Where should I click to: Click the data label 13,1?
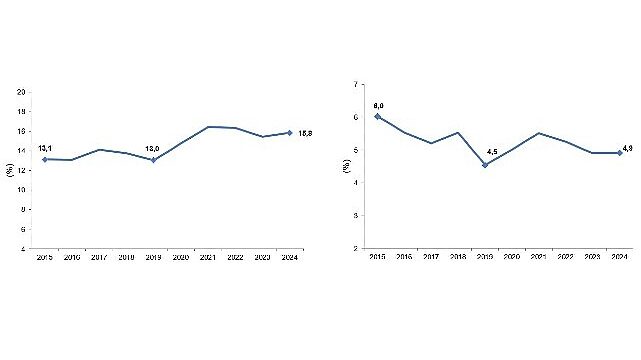(45, 148)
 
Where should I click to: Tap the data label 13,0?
(154, 148)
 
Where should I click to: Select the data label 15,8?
(307, 133)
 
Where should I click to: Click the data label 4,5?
(491, 152)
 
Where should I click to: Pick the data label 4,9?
(628, 150)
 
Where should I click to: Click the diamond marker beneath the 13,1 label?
(45, 159)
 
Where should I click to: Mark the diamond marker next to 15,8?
(290, 132)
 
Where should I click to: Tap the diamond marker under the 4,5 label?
(485, 165)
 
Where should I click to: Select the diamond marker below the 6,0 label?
(377, 117)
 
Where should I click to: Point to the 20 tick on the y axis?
(22, 92)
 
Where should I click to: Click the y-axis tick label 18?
(22, 111)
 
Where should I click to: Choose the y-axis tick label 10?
(22, 190)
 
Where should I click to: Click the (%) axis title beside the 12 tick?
(10, 170)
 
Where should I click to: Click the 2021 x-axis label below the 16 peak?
(208, 258)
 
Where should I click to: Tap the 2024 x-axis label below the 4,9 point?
(620, 258)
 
